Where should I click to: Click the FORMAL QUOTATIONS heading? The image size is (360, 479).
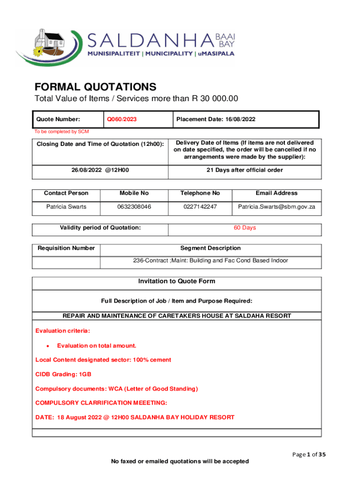(x=95, y=87)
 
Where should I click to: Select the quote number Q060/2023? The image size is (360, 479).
(x=122, y=119)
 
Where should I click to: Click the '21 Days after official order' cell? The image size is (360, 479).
(x=245, y=170)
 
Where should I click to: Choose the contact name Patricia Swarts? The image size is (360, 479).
(x=66, y=207)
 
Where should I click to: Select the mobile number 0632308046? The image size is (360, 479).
(x=134, y=207)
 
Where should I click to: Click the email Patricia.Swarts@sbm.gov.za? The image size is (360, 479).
(x=276, y=207)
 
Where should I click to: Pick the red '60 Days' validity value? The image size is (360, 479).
(x=245, y=228)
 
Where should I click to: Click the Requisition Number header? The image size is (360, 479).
(x=66, y=248)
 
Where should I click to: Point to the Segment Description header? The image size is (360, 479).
(x=210, y=248)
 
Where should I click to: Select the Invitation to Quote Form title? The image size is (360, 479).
(x=176, y=282)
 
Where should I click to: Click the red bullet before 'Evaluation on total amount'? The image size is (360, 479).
(x=47, y=346)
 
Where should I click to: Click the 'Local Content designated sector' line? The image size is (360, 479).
(x=103, y=360)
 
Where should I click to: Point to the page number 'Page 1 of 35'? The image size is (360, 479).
(x=307, y=453)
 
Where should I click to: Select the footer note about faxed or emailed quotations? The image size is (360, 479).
(x=180, y=462)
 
